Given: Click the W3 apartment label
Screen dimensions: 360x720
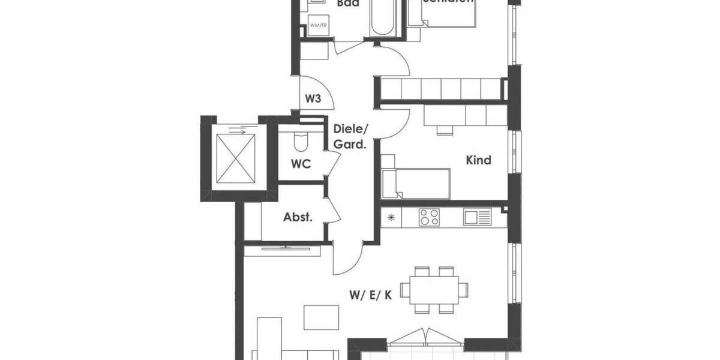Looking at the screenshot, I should click(x=313, y=98).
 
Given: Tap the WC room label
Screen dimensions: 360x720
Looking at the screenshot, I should click(x=301, y=164).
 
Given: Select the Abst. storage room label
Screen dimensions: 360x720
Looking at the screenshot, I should click(x=298, y=217).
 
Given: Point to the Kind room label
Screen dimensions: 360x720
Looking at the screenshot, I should click(x=479, y=160).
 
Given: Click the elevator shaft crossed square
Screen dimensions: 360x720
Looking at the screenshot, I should click(x=235, y=158).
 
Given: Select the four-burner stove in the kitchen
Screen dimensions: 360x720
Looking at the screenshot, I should click(x=428, y=217).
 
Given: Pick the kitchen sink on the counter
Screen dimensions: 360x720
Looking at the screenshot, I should click(x=477, y=217).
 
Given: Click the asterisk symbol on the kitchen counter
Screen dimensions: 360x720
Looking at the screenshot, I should click(x=391, y=217).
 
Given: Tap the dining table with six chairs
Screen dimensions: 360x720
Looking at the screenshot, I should click(x=436, y=290).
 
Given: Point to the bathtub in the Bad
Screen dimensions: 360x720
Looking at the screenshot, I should click(x=381, y=18).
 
